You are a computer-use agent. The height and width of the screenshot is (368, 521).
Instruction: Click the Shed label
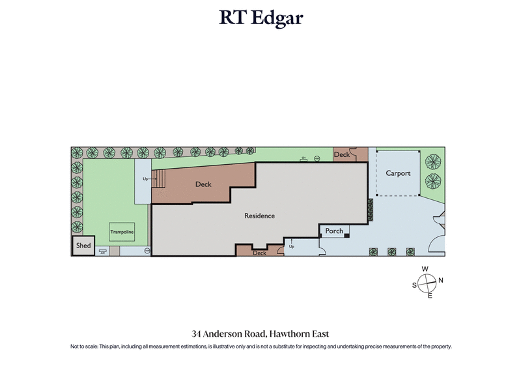click(83, 246)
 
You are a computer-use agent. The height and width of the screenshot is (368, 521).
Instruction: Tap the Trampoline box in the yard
click(121, 231)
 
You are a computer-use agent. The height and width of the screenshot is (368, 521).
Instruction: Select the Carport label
click(398, 173)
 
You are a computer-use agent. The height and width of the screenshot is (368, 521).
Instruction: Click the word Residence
click(259, 216)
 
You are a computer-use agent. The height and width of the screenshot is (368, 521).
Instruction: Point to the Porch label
click(334, 231)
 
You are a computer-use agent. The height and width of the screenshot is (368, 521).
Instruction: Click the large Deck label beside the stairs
click(203, 184)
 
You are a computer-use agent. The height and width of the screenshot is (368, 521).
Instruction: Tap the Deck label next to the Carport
click(342, 154)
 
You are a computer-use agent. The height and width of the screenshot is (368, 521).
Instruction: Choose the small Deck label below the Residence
click(260, 253)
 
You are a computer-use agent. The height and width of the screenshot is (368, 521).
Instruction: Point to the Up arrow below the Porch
click(291, 243)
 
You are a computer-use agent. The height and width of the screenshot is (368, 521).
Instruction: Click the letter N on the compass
click(441, 281)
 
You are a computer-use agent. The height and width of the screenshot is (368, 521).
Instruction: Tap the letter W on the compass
click(425, 269)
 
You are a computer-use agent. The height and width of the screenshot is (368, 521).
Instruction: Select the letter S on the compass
click(414, 285)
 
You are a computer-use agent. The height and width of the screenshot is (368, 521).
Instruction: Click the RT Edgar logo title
click(260, 18)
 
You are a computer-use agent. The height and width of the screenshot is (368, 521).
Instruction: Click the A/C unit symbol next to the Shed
click(104, 251)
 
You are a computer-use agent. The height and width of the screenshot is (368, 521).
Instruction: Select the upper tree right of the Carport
click(431, 160)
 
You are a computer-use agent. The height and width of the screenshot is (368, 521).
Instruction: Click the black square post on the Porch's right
click(347, 235)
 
